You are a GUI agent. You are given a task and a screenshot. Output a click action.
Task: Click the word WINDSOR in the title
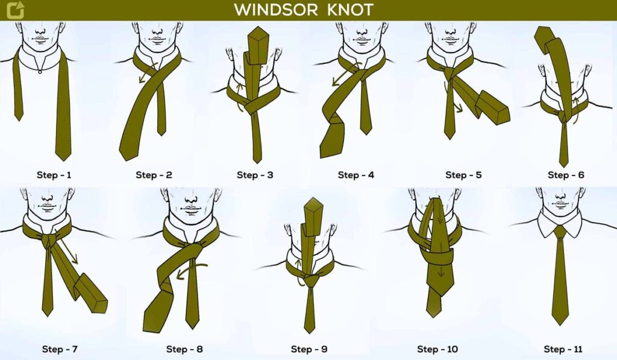(x=272, y=10)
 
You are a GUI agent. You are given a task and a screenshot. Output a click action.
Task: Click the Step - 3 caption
(x=255, y=175)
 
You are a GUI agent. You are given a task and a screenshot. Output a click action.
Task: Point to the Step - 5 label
(x=463, y=175)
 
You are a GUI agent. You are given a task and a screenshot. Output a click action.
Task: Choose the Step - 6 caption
(x=566, y=175)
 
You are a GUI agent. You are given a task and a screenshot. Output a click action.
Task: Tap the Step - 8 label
(x=184, y=349)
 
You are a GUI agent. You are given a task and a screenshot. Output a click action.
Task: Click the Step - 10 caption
(x=437, y=349)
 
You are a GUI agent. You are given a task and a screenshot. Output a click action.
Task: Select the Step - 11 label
(x=563, y=349)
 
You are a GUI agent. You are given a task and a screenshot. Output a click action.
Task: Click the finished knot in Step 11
(x=560, y=232)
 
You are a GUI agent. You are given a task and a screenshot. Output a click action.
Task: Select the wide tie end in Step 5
(x=492, y=107)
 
